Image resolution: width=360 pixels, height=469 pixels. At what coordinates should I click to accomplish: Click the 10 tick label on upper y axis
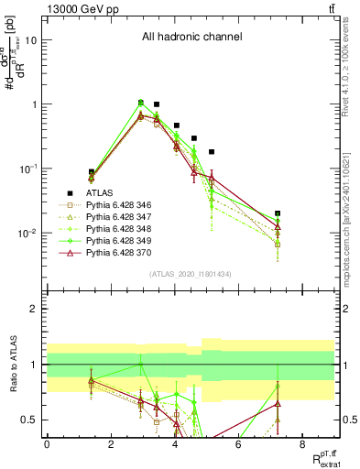31,40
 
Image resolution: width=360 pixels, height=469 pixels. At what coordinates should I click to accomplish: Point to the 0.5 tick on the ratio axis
29,420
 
